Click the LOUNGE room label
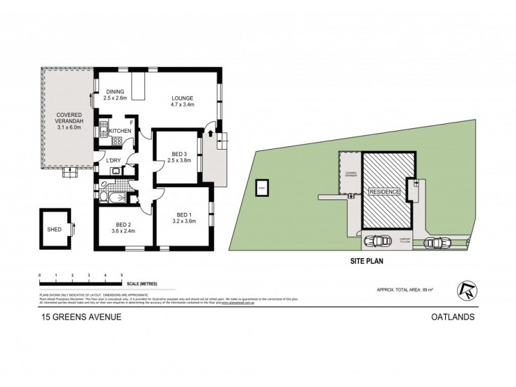coord(183,98)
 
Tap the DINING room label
coord(115,92)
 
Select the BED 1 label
coord(185,215)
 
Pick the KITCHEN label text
coord(121,132)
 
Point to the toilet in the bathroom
coord(134,198)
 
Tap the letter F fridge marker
coord(132,121)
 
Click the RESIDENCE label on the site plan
coord(384,192)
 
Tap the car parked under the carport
coord(375,242)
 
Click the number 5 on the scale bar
coord(122,275)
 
